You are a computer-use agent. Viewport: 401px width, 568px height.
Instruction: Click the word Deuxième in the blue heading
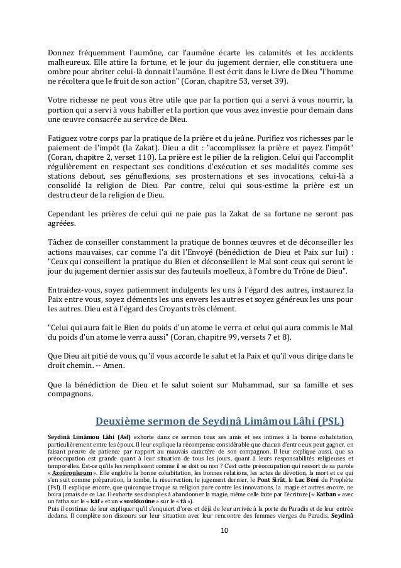[x=123, y=420]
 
